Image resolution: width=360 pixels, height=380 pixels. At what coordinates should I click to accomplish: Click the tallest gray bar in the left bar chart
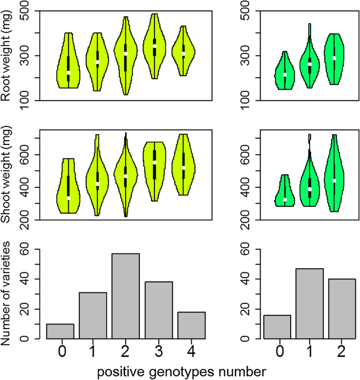125,296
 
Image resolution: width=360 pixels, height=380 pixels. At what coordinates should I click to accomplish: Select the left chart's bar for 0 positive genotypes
60,331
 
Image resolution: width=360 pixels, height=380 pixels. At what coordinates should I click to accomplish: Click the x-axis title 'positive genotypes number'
182,371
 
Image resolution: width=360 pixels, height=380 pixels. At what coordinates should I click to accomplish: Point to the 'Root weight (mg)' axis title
7,56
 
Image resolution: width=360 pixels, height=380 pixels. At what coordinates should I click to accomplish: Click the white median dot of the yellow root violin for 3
155,46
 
